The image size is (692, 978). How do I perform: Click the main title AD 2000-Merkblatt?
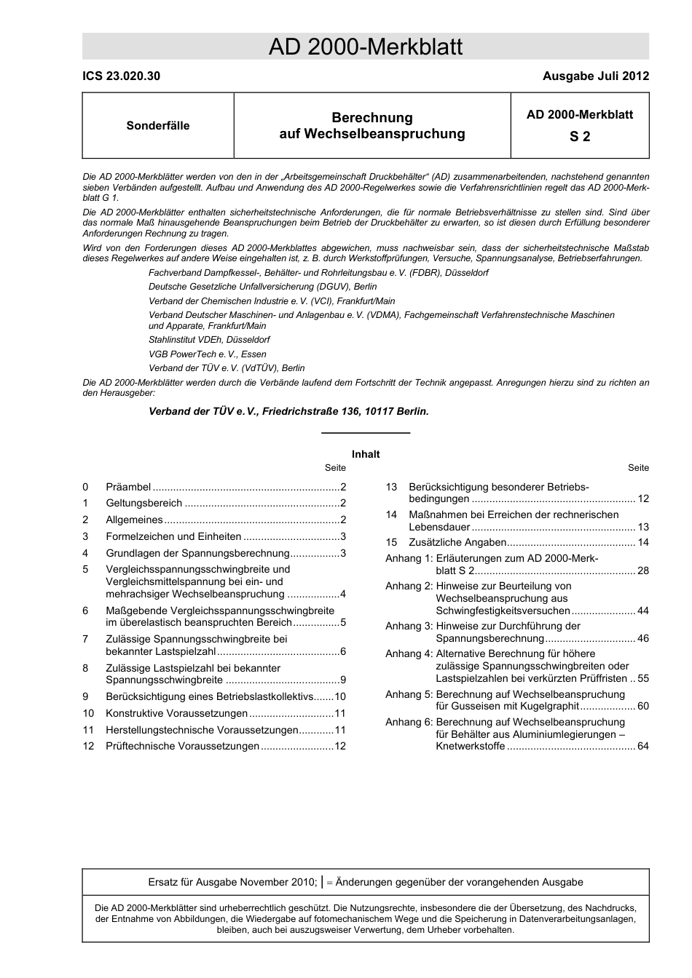point(366,47)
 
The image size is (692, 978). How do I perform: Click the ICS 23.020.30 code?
point(122,76)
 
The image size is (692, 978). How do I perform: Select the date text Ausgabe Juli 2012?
point(595,76)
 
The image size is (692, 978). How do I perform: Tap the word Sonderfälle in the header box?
point(158,126)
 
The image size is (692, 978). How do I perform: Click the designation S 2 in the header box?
point(580,136)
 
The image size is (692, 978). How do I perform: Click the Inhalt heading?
point(366,454)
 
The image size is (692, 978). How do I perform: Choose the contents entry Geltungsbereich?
point(143,504)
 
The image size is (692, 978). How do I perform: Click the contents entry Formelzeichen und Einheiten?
point(173,536)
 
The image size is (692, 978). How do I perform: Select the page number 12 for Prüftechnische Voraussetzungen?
point(340,747)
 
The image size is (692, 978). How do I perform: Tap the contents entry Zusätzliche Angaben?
point(457,543)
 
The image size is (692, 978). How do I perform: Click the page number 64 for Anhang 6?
point(642,747)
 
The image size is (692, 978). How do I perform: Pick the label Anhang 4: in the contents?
point(409,653)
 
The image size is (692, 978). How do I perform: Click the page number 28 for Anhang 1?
point(642,571)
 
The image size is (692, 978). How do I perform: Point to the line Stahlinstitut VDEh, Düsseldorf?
point(209,340)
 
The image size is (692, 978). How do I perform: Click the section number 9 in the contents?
point(86,697)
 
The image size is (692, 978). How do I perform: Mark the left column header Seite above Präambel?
point(336,468)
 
